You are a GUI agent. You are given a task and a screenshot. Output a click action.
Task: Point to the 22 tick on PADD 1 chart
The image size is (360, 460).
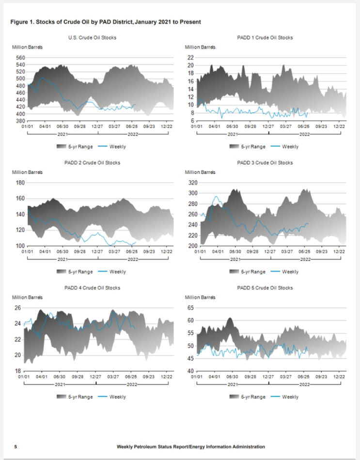point(191,57)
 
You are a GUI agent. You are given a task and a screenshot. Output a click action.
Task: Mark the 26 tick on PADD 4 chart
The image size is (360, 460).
point(18,308)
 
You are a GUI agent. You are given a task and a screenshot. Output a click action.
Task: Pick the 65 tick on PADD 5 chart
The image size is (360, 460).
point(191,308)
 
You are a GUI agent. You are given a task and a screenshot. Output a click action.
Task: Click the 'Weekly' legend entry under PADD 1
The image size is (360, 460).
point(290,146)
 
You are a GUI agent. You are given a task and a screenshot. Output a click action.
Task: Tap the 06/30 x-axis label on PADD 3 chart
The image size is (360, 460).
point(235,252)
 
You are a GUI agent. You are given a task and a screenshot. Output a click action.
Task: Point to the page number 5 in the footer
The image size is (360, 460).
point(16,446)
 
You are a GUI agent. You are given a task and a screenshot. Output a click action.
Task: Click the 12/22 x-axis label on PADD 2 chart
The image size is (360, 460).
point(167,252)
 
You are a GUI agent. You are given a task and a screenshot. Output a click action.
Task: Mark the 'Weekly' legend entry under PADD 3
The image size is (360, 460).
point(290,272)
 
